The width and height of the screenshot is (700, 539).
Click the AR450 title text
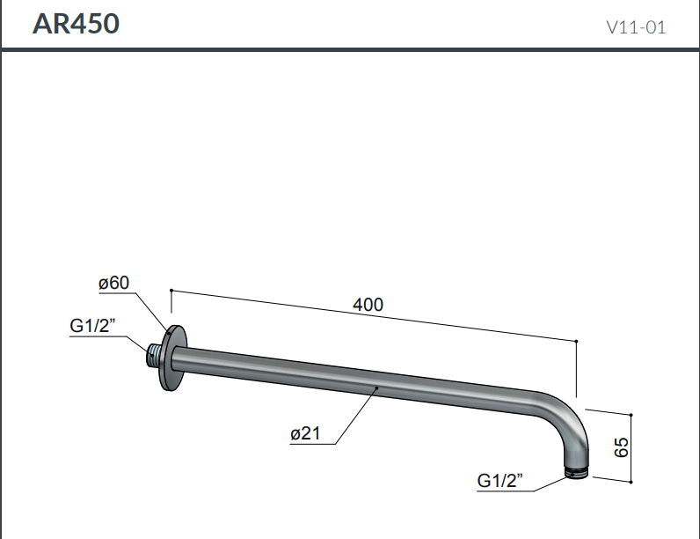click(x=76, y=24)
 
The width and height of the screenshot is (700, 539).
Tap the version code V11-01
click(x=636, y=27)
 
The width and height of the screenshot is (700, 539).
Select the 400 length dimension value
click(x=368, y=305)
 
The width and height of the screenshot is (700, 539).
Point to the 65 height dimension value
click(x=622, y=447)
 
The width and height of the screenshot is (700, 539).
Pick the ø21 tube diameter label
click(x=305, y=432)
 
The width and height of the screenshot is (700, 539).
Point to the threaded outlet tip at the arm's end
click(x=575, y=473)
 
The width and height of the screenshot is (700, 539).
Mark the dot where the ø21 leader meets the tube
click(x=376, y=387)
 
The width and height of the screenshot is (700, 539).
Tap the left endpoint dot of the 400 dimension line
click(x=171, y=290)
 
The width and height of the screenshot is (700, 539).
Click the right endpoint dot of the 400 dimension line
click(x=575, y=340)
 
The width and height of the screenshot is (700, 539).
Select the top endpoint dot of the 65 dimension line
click(x=631, y=413)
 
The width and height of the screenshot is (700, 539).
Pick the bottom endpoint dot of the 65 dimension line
click(x=631, y=482)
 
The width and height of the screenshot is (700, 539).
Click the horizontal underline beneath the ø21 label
click(x=312, y=444)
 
